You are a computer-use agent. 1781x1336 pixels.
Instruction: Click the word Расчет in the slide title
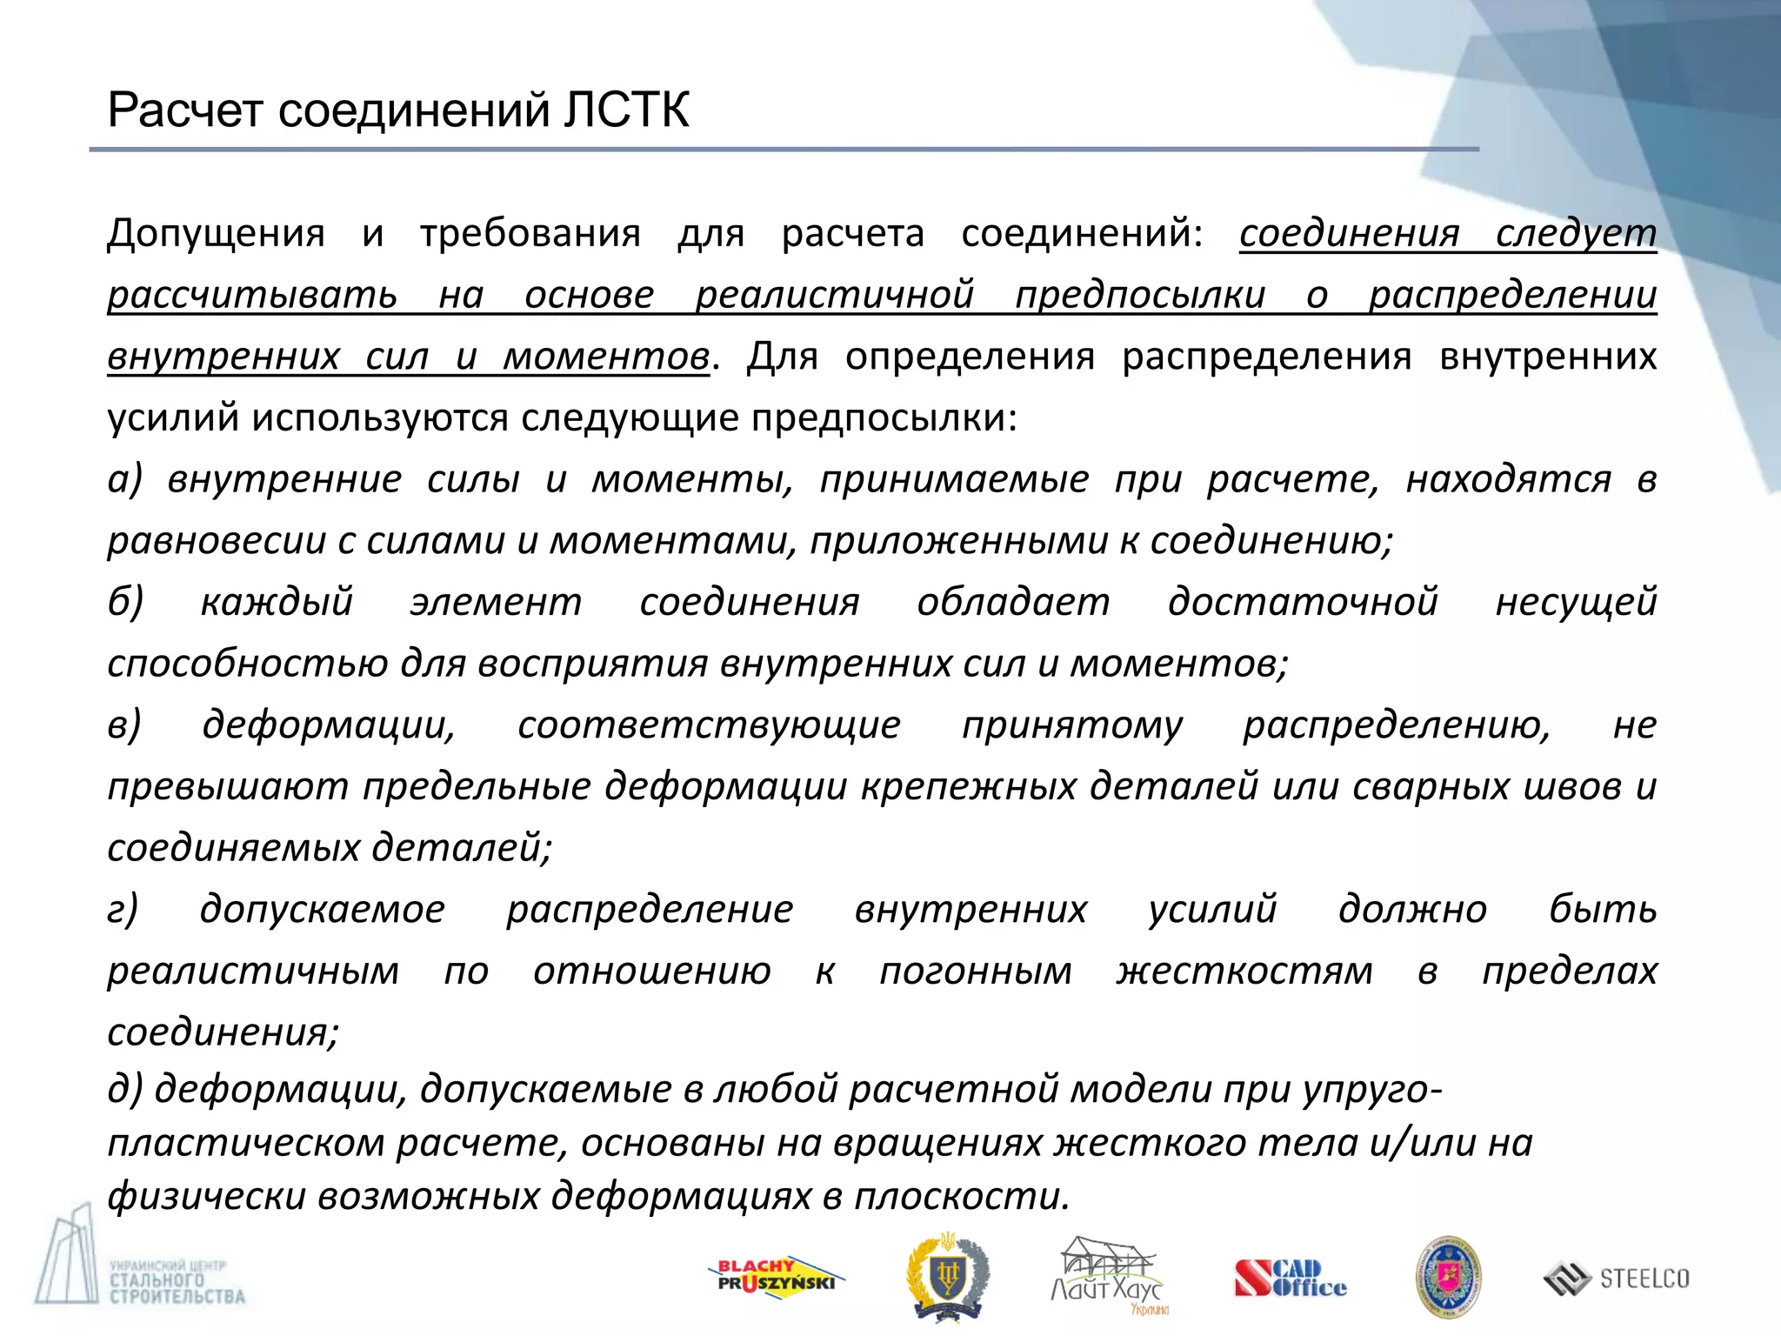coord(184,110)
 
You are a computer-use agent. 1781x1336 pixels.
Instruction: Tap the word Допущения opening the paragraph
coord(216,233)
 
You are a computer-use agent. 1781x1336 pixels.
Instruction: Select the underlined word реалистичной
coord(834,294)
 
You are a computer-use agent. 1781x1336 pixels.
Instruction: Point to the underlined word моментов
coord(605,356)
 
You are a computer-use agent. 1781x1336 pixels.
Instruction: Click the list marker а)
coord(124,479)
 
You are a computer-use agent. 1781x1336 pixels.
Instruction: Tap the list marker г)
coord(123,909)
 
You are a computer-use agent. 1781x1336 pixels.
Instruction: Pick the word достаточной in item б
coord(1302,602)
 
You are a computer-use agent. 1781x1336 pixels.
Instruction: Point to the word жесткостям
coord(1244,971)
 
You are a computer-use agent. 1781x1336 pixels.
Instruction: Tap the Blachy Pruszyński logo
coord(774,1277)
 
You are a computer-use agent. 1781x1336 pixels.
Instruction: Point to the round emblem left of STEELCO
coord(1448,1277)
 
